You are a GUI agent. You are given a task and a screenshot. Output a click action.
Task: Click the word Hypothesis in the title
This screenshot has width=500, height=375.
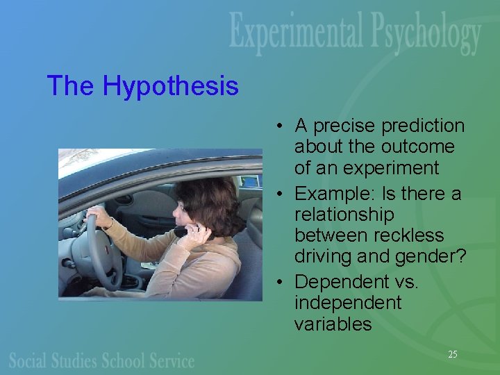[171, 87]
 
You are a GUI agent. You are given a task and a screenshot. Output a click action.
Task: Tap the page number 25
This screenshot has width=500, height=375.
[452, 354]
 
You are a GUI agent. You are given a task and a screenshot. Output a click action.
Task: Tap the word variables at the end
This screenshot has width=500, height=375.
[333, 324]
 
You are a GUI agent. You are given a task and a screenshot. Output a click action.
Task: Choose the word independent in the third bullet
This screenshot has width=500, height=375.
[347, 303]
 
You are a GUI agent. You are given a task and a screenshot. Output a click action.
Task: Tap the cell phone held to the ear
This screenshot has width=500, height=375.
[182, 231]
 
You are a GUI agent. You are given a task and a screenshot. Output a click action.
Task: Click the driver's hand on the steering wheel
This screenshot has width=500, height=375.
[98, 218]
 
